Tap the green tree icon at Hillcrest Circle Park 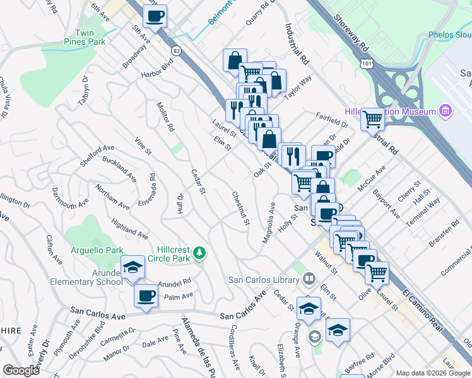200,253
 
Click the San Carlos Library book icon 309,278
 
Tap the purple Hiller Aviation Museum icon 445,112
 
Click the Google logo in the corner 21,370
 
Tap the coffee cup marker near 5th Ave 155,16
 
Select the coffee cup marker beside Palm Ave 146,295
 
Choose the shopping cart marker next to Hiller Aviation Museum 373,118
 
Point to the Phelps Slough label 450,35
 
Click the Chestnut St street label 240,209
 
